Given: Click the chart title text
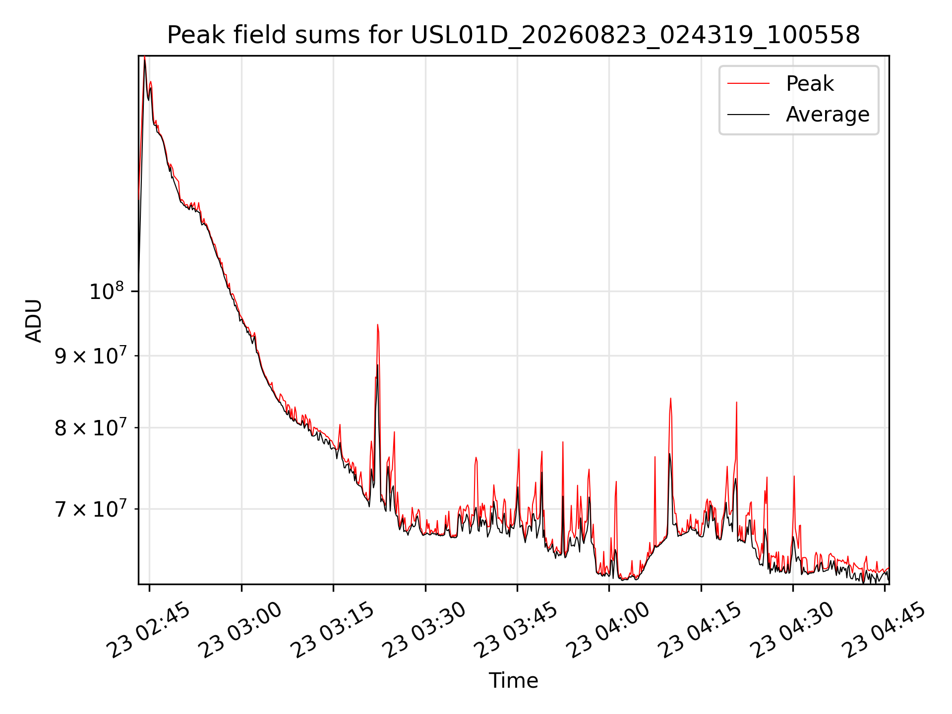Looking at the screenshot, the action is pyautogui.click(x=513, y=35).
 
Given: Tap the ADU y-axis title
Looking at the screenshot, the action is pyautogui.click(x=34, y=320).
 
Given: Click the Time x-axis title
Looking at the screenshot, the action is pyautogui.click(x=513, y=681).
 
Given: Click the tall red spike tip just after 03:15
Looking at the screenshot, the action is pyautogui.click(x=377, y=324).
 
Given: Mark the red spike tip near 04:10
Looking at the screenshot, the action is pyautogui.click(x=670, y=398).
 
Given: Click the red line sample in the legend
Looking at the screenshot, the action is pyautogui.click(x=748, y=84).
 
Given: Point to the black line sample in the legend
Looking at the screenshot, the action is pyautogui.click(x=748, y=115).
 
